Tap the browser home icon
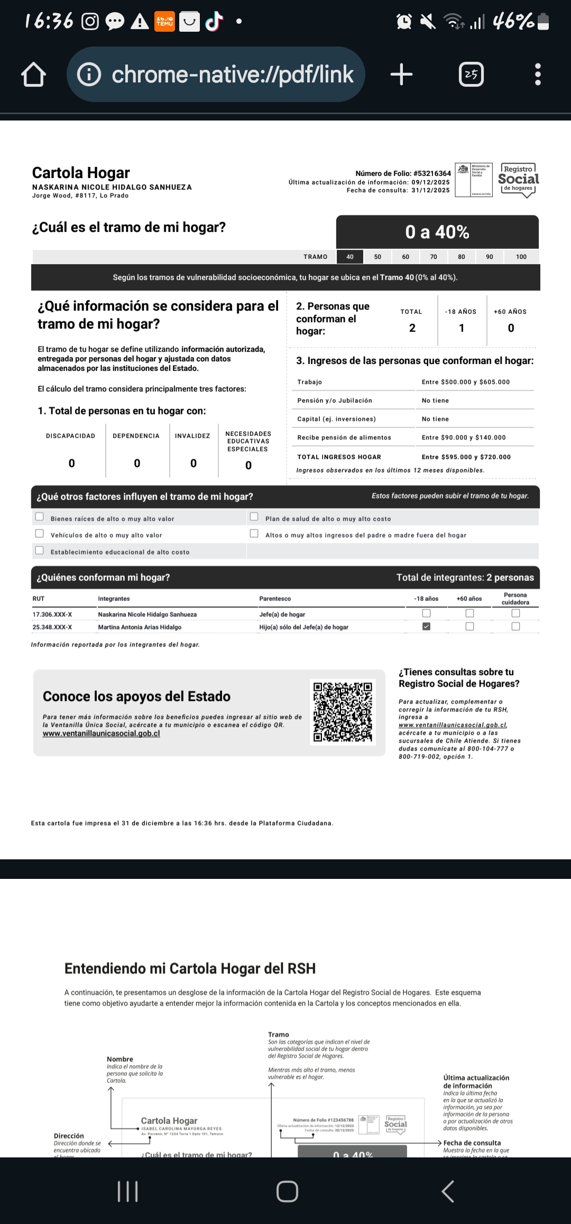(x=33, y=75)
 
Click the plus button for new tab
(x=401, y=74)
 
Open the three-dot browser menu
(x=538, y=75)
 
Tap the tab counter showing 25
(x=471, y=75)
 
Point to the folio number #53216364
(x=432, y=173)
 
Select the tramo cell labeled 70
(x=434, y=257)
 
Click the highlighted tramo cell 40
(x=350, y=257)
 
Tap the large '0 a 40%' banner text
(x=437, y=232)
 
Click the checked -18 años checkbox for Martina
(x=427, y=626)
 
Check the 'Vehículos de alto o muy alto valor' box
(x=40, y=534)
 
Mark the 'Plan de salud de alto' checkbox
(x=254, y=517)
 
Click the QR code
(x=343, y=712)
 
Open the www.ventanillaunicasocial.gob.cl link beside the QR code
(x=102, y=734)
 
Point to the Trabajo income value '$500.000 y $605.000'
(x=466, y=382)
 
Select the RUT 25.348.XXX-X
(x=52, y=627)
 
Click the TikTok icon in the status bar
(x=214, y=22)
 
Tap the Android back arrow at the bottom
(x=447, y=1192)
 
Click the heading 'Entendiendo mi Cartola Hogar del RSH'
(x=190, y=969)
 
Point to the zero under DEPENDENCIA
(x=137, y=463)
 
